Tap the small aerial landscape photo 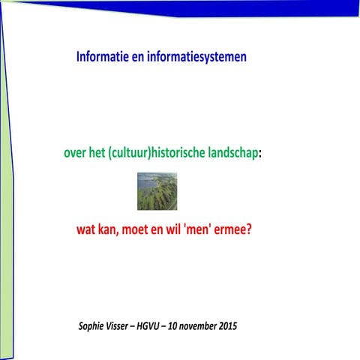[x=157, y=190]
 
